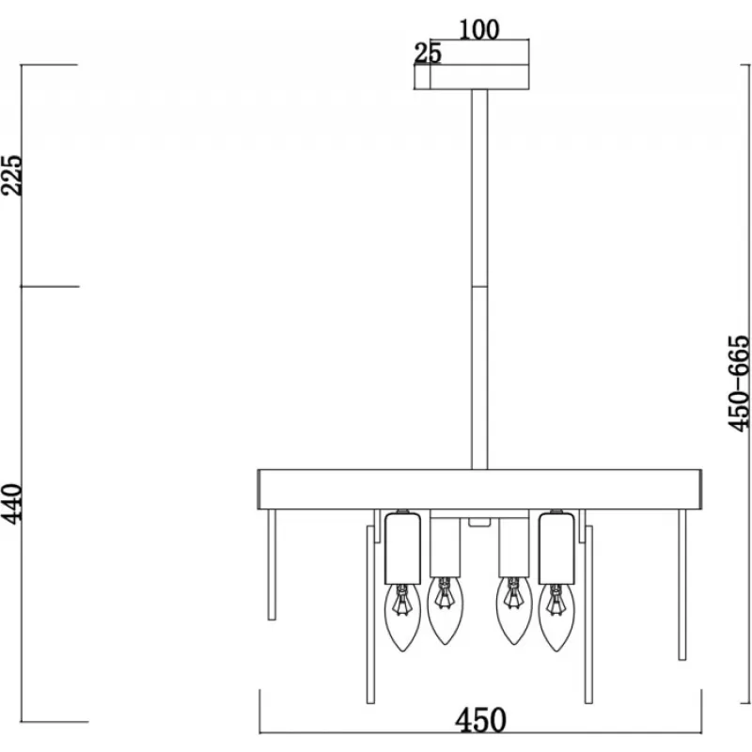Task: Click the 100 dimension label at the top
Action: [x=479, y=30]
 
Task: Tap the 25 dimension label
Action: [x=428, y=54]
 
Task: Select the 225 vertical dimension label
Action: [x=11, y=175]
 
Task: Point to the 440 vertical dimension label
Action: [x=11, y=504]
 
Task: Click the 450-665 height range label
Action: [x=739, y=384]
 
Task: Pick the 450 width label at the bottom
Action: [x=480, y=720]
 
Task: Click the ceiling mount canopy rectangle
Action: [x=472, y=77]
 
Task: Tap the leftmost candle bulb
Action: [x=402, y=618]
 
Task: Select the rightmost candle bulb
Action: [x=556, y=618]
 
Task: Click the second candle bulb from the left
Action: [x=445, y=610]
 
